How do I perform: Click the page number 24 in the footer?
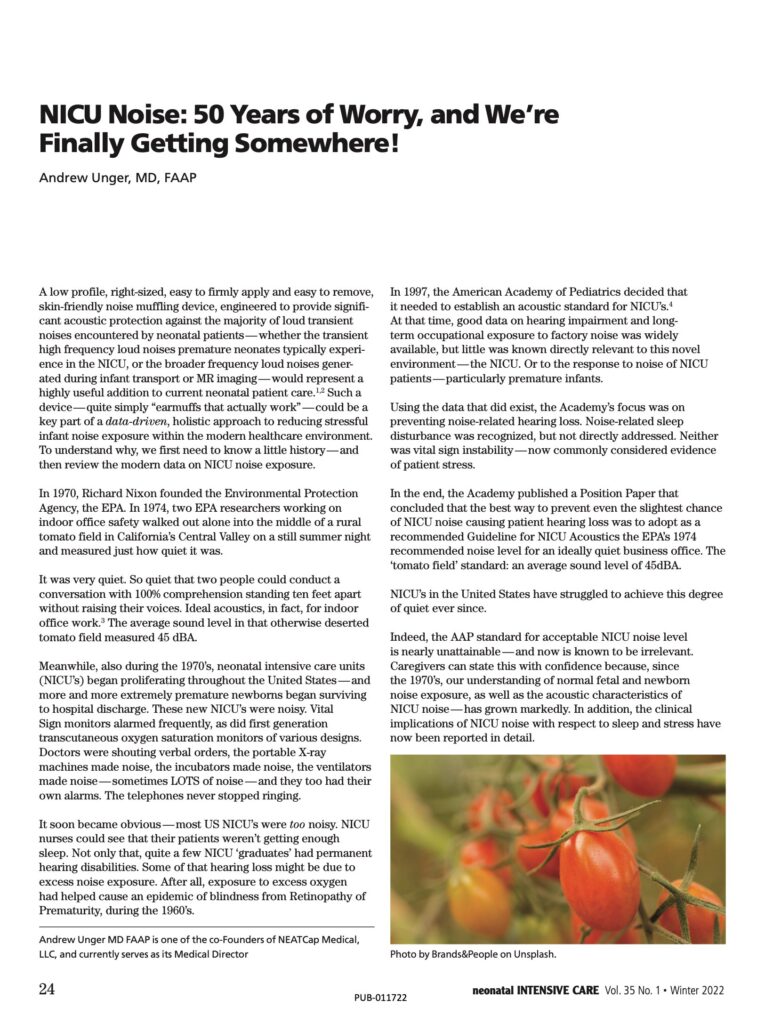click(46, 990)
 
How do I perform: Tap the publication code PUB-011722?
click(381, 998)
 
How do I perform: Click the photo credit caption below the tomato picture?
click(472, 954)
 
